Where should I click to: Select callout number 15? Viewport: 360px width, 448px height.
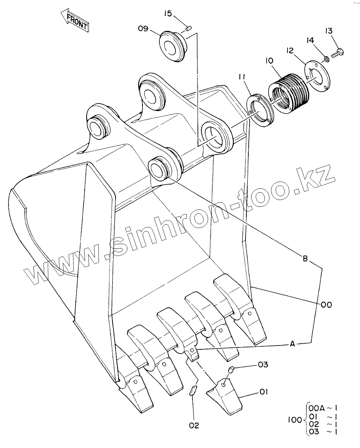pos(167,14)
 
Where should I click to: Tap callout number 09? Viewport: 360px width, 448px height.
pos(143,29)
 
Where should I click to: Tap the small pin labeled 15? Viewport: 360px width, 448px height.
pos(189,27)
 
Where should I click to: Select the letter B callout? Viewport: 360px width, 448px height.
pos(305,259)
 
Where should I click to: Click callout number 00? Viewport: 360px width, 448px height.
pos(326,305)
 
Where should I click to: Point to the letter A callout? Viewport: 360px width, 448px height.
pos(293,344)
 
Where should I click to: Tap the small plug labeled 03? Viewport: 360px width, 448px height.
pos(231,370)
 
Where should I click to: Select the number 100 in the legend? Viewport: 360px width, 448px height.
pos(295,420)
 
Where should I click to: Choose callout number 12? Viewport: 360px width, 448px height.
pos(290,50)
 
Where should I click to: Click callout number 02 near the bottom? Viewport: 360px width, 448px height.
pos(194,426)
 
